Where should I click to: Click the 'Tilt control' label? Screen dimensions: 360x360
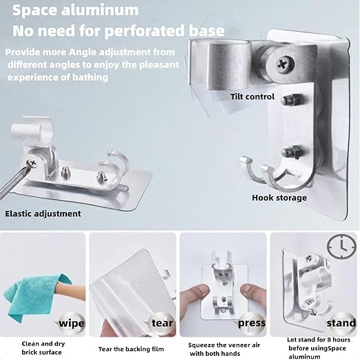click(x=252, y=97)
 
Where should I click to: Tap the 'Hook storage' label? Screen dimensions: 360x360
click(x=279, y=198)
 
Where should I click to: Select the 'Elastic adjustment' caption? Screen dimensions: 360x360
click(x=43, y=214)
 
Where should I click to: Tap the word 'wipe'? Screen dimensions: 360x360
click(x=72, y=323)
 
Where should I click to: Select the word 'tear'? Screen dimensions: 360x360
click(x=162, y=323)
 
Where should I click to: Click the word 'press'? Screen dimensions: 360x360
click(x=252, y=323)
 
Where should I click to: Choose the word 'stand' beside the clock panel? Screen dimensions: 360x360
click(x=341, y=323)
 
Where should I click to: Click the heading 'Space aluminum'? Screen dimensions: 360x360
click(x=75, y=10)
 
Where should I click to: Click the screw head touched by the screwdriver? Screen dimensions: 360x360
click(x=32, y=163)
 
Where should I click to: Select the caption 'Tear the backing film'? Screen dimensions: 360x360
click(x=131, y=349)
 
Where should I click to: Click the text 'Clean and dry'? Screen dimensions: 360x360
click(x=43, y=344)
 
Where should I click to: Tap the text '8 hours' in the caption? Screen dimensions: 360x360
click(x=337, y=339)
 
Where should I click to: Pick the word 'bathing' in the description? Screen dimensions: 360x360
click(x=90, y=77)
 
